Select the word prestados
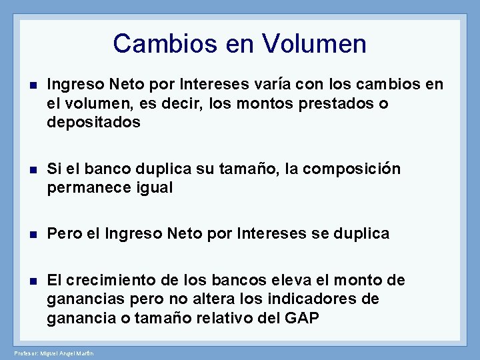(327, 104)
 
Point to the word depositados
(93, 122)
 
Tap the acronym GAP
(301, 318)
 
